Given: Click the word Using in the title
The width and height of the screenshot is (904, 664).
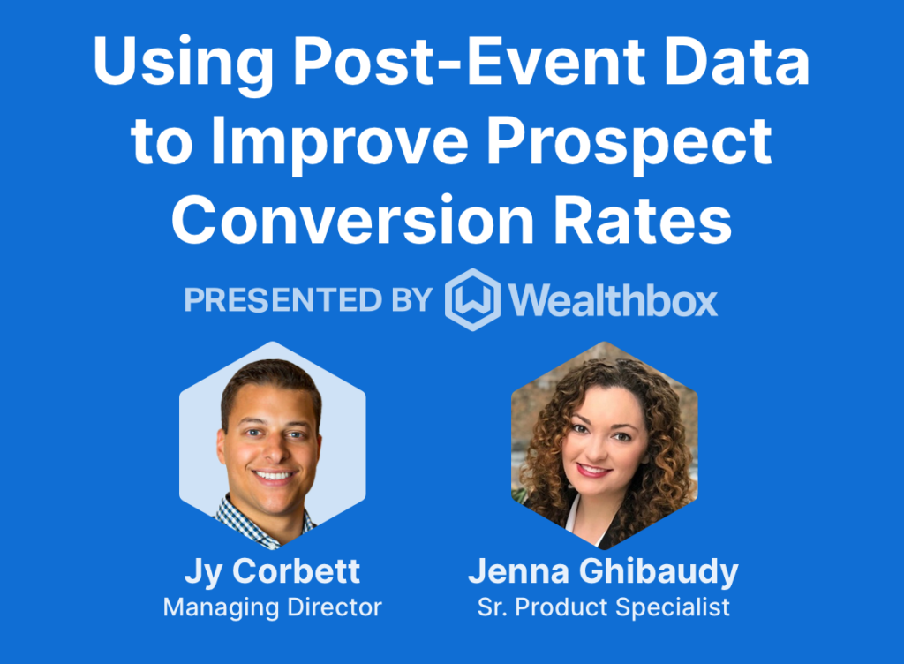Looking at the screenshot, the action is click(x=184, y=64).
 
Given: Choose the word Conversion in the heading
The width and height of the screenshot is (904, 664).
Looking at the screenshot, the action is click(x=353, y=221).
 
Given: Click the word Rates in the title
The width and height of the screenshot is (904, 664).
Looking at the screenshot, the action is click(x=643, y=221).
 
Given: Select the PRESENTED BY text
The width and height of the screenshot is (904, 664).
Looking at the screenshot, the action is click(x=308, y=299).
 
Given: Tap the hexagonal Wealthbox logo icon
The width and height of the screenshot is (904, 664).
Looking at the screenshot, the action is click(x=473, y=299).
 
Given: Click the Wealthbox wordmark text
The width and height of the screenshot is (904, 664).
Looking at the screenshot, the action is click(x=613, y=299).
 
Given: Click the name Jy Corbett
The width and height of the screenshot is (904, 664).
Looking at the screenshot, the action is click(x=272, y=572).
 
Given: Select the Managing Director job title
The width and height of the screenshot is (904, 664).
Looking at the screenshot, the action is click(x=272, y=607).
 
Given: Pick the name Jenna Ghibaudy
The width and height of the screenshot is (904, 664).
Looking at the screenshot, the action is click(x=603, y=572).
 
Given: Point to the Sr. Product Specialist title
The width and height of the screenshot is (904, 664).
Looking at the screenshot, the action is click(x=604, y=607).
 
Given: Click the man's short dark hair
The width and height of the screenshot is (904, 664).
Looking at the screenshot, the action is click(x=271, y=378).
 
